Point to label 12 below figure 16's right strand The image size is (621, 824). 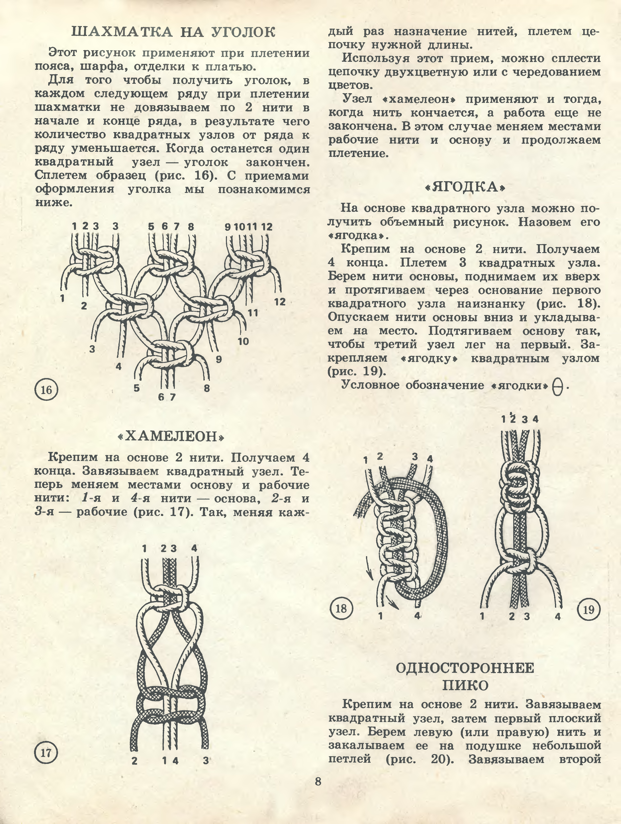pos(280,302)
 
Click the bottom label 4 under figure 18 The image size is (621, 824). pos(417,616)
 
